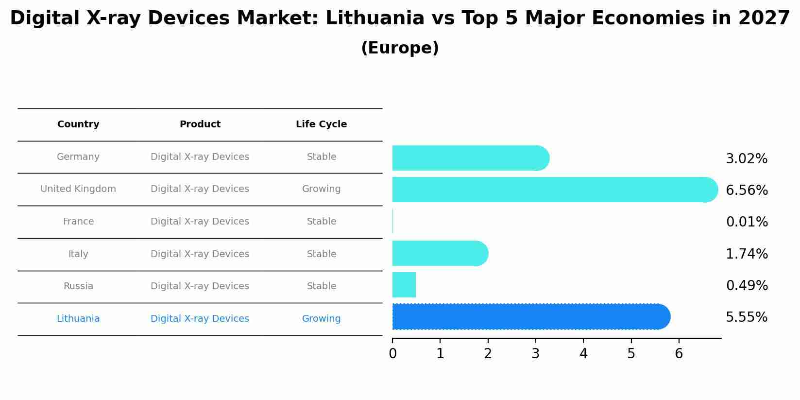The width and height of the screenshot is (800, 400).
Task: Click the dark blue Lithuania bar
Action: point(529,317)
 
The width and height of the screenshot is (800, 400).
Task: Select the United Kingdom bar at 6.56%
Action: point(554,190)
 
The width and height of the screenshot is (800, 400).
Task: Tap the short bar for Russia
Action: point(404,285)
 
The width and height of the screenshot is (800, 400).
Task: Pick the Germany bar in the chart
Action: point(469,158)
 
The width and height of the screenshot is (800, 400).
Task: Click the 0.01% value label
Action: point(747,222)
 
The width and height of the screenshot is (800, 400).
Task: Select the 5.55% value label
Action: point(747,317)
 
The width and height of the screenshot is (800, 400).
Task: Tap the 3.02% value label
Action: point(747,159)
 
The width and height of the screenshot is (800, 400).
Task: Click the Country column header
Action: point(78,124)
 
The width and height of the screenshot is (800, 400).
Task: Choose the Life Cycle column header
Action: point(321,124)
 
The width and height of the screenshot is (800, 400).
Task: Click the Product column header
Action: point(200,124)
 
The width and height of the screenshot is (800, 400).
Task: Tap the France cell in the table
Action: point(78,222)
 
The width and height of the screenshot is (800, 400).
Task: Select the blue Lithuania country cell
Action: point(78,319)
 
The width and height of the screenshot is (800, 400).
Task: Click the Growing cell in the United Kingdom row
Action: point(321,189)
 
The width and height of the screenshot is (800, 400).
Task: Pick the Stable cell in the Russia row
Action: point(321,286)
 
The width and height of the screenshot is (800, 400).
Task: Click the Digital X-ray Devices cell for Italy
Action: point(200,254)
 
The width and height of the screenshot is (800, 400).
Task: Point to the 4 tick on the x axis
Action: point(583,354)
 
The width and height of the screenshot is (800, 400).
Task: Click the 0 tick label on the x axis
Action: point(392,354)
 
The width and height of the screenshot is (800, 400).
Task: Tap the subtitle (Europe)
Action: point(400,48)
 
